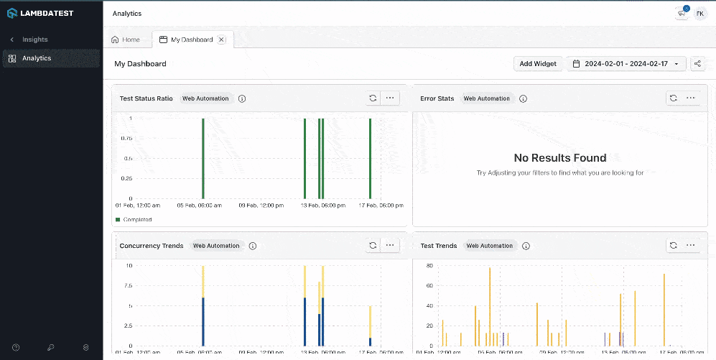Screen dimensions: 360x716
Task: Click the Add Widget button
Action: coord(538,64)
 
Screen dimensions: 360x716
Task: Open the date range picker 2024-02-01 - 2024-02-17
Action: coord(626,64)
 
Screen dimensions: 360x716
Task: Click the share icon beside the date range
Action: coord(697,64)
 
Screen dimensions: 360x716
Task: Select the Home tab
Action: coord(126,40)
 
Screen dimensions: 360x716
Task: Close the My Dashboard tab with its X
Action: coord(221,40)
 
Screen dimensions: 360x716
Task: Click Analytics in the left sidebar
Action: coord(36,58)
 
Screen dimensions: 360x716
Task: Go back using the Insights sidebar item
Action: coord(34,40)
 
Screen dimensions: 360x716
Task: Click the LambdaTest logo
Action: coord(40,13)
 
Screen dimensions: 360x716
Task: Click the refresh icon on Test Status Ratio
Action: coord(373,98)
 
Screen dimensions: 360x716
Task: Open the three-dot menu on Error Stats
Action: coord(690,98)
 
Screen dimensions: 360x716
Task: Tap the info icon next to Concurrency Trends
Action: coord(253,246)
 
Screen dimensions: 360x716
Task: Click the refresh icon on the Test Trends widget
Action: coord(673,246)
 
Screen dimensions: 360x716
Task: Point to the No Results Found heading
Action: coord(560,158)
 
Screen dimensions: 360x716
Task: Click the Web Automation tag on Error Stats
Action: coord(487,98)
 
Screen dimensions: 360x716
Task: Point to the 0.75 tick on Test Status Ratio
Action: coord(126,138)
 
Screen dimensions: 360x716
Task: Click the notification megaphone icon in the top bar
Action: coord(681,13)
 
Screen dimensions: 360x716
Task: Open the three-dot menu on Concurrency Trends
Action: coord(390,246)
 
